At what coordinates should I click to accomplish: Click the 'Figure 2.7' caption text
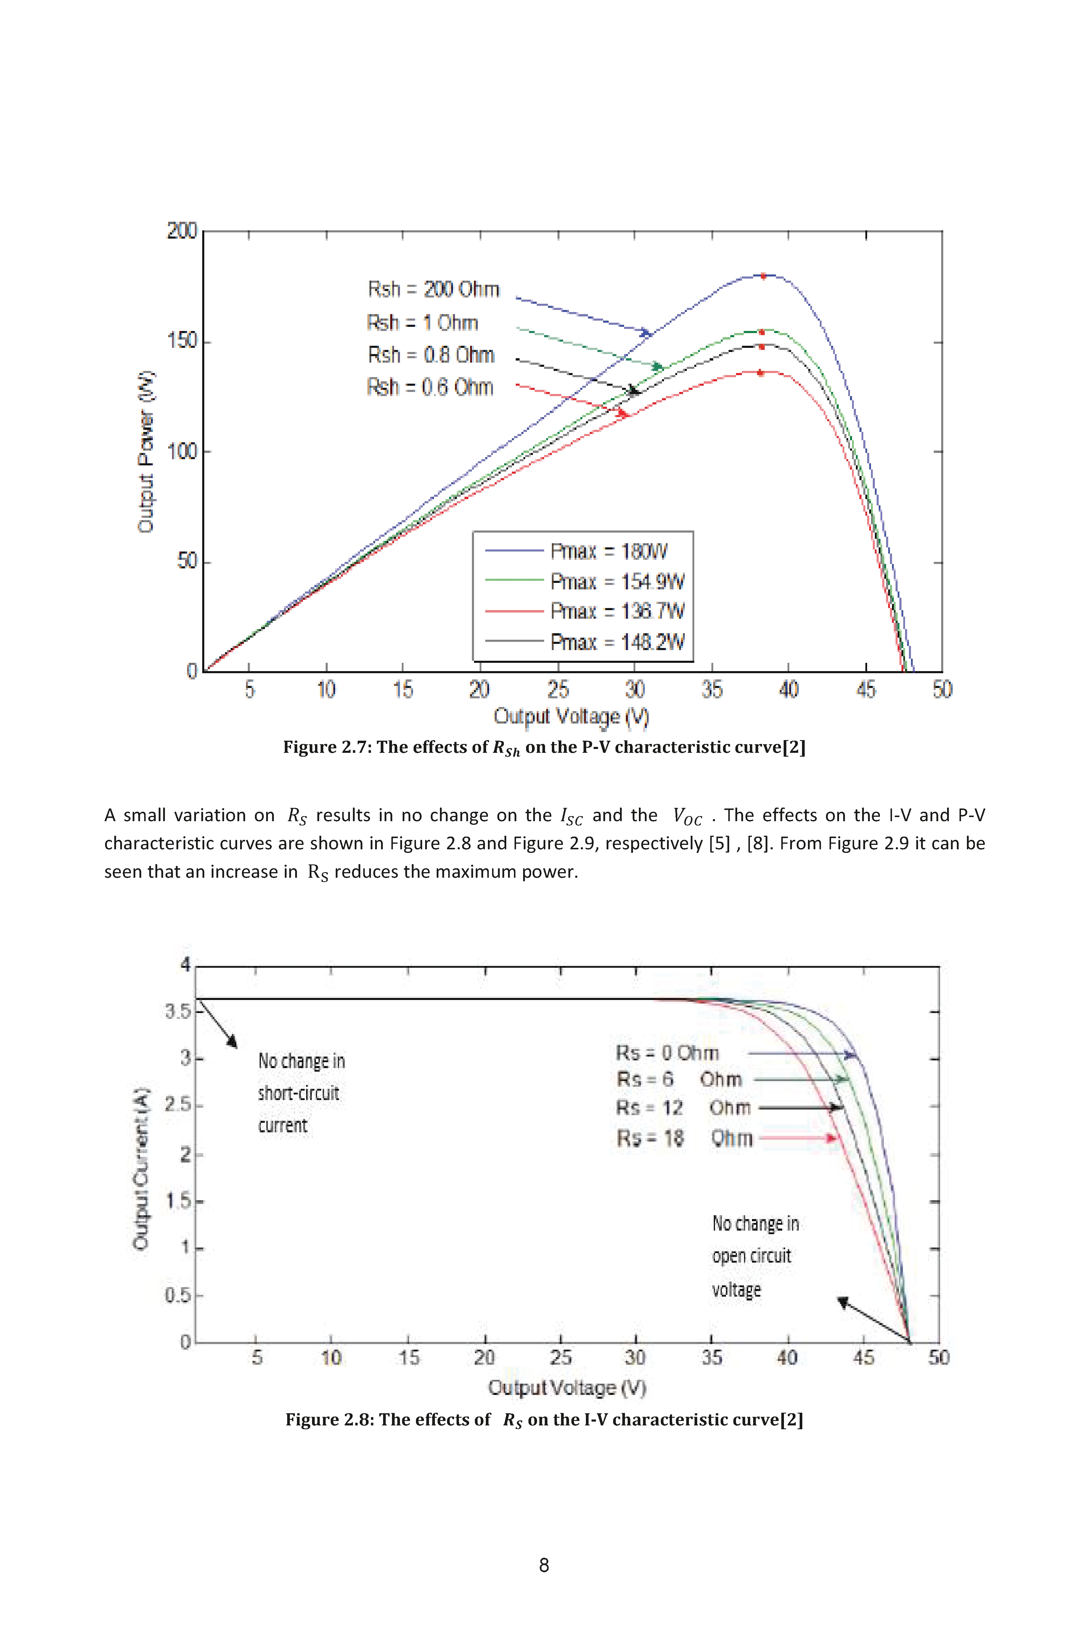coord(544,748)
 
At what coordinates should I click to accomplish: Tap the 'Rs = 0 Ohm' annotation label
coord(668,1053)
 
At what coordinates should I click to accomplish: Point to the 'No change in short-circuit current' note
coord(301,1093)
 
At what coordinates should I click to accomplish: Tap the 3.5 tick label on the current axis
coord(178,1012)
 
